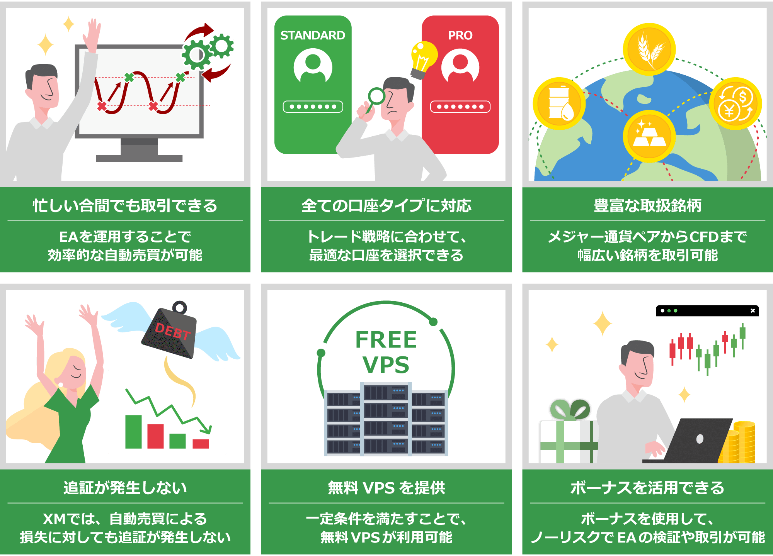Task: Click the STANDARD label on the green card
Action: click(313, 36)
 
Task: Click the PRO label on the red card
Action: click(460, 36)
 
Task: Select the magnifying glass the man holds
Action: click(376, 97)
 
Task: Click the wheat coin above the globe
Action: click(649, 49)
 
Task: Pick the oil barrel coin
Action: click(559, 103)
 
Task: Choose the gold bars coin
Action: click(649, 136)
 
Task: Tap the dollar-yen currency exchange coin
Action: click(735, 103)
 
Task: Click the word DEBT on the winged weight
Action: click(172, 331)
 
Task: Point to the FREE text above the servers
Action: click(386, 340)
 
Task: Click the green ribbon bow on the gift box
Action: click(570, 410)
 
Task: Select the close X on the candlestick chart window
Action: click(753, 311)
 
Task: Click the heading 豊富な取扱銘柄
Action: click(647, 205)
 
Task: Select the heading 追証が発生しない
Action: click(125, 488)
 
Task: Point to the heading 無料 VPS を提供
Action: click(386, 488)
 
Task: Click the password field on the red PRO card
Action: click(460, 107)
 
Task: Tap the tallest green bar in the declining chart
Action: click(134, 431)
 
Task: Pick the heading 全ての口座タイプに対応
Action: click(386, 205)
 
